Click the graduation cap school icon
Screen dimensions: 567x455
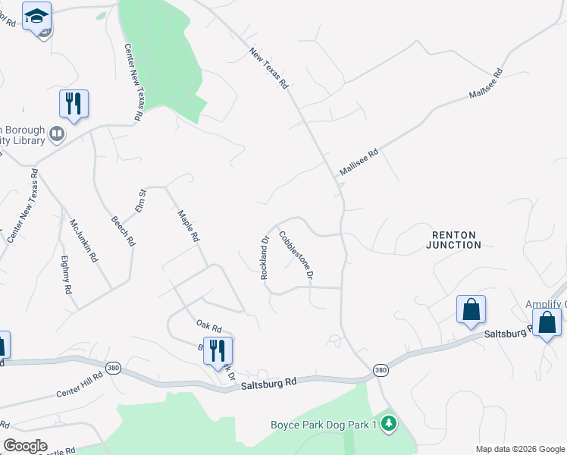coord(36,15)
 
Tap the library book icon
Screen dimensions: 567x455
coord(57,135)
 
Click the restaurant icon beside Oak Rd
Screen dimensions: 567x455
coord(218,350)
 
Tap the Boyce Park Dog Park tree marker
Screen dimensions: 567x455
coord(389,423)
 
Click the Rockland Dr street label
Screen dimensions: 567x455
coord(265,259)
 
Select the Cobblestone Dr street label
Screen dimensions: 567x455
coord(296,256)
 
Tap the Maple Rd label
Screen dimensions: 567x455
coord(188,225)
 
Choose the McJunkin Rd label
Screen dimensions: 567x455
coord(83,240)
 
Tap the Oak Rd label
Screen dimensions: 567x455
coord(208,327)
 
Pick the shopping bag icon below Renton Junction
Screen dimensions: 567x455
coord(471,309)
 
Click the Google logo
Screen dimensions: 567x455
coord(25,446)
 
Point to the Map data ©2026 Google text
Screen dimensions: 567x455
coord(520,449)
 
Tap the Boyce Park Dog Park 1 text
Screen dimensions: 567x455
coord(324,425)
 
